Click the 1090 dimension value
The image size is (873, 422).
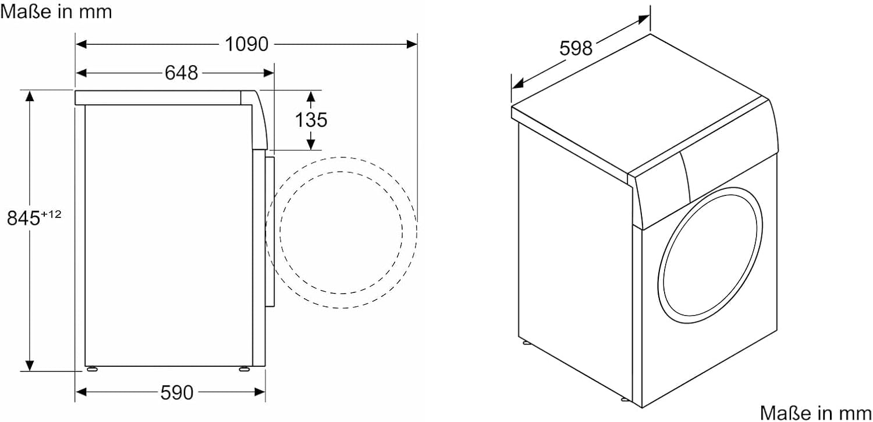[247, 44]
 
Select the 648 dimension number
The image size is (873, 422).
[181, 73]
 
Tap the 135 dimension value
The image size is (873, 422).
[311, 120]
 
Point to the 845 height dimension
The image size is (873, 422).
[23, 218]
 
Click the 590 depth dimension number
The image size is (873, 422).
[177, 393]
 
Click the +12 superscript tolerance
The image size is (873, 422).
[51, 214]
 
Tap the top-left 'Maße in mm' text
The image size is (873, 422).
[56, 12]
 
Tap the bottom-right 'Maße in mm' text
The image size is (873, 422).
[816, 413]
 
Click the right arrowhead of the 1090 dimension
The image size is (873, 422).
[412, 44]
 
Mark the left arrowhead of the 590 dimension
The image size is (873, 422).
[81, 392]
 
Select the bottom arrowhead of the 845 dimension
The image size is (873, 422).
[30, 366]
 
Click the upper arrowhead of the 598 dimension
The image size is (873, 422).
[644, 19]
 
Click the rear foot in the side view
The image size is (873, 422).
[93, 369]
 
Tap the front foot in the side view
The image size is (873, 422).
[244, 369]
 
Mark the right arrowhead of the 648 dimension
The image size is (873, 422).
[269, 73]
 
